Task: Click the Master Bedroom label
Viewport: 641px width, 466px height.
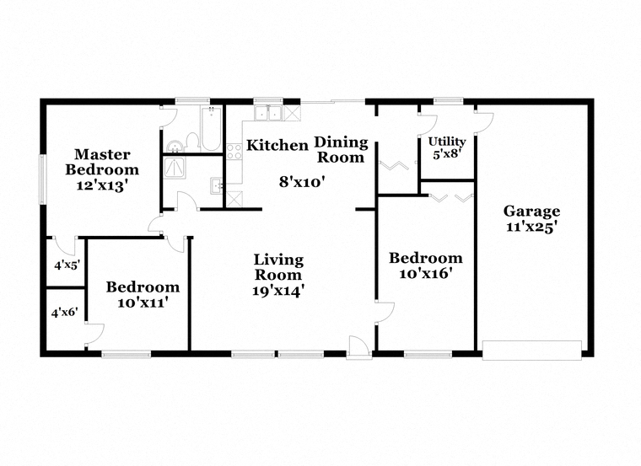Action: point(102,162)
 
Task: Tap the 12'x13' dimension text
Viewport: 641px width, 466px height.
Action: point(102,185)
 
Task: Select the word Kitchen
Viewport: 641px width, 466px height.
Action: point(277,146)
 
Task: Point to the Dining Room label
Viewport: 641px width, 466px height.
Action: point(341,149)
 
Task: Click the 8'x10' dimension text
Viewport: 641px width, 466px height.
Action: point(302,180)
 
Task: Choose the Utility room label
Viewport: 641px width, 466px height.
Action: point(446,142)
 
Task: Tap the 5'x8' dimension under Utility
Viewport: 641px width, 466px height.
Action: point(446,155)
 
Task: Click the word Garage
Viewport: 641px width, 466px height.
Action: point(531,212)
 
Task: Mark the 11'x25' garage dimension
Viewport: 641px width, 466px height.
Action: point(531,228)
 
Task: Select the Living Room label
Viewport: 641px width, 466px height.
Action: point(278,267)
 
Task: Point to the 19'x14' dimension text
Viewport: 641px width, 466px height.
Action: point(278,291)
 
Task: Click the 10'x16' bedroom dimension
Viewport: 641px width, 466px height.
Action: point(425,274)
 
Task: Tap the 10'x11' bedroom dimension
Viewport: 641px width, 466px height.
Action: point(142,303)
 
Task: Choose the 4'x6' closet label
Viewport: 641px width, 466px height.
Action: point(65,312)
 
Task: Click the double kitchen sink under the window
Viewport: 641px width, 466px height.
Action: point(268,114)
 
